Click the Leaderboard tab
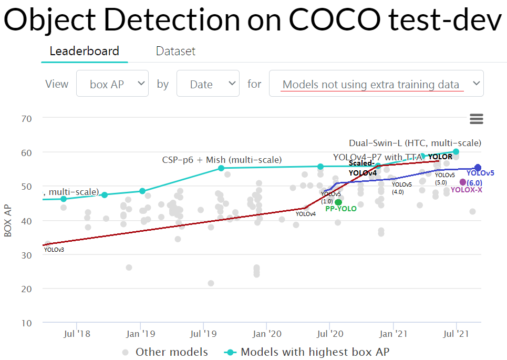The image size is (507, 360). coord(84,51)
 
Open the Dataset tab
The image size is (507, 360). coord(175,51)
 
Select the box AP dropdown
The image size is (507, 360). coord(112,84)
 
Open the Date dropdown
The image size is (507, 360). coord(208,84)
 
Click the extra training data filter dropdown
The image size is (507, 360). coord(376,84)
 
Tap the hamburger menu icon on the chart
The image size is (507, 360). coord(477,119)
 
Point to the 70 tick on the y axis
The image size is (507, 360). coord(27,119)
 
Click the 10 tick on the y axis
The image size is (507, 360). coord(27,323)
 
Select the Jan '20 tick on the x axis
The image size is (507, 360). coord(267,333)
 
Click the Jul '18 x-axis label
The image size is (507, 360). coord(77,333)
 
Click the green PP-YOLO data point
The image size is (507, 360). coord(338,202)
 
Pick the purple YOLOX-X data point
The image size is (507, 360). coord(463,182)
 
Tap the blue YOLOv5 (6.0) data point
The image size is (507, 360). coord(478,168)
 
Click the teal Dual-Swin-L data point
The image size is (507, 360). coord(456,151)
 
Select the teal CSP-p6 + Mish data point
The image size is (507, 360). coord(221,168)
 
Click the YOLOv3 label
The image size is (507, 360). coord(54,250)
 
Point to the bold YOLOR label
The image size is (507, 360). coord(440,157)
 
